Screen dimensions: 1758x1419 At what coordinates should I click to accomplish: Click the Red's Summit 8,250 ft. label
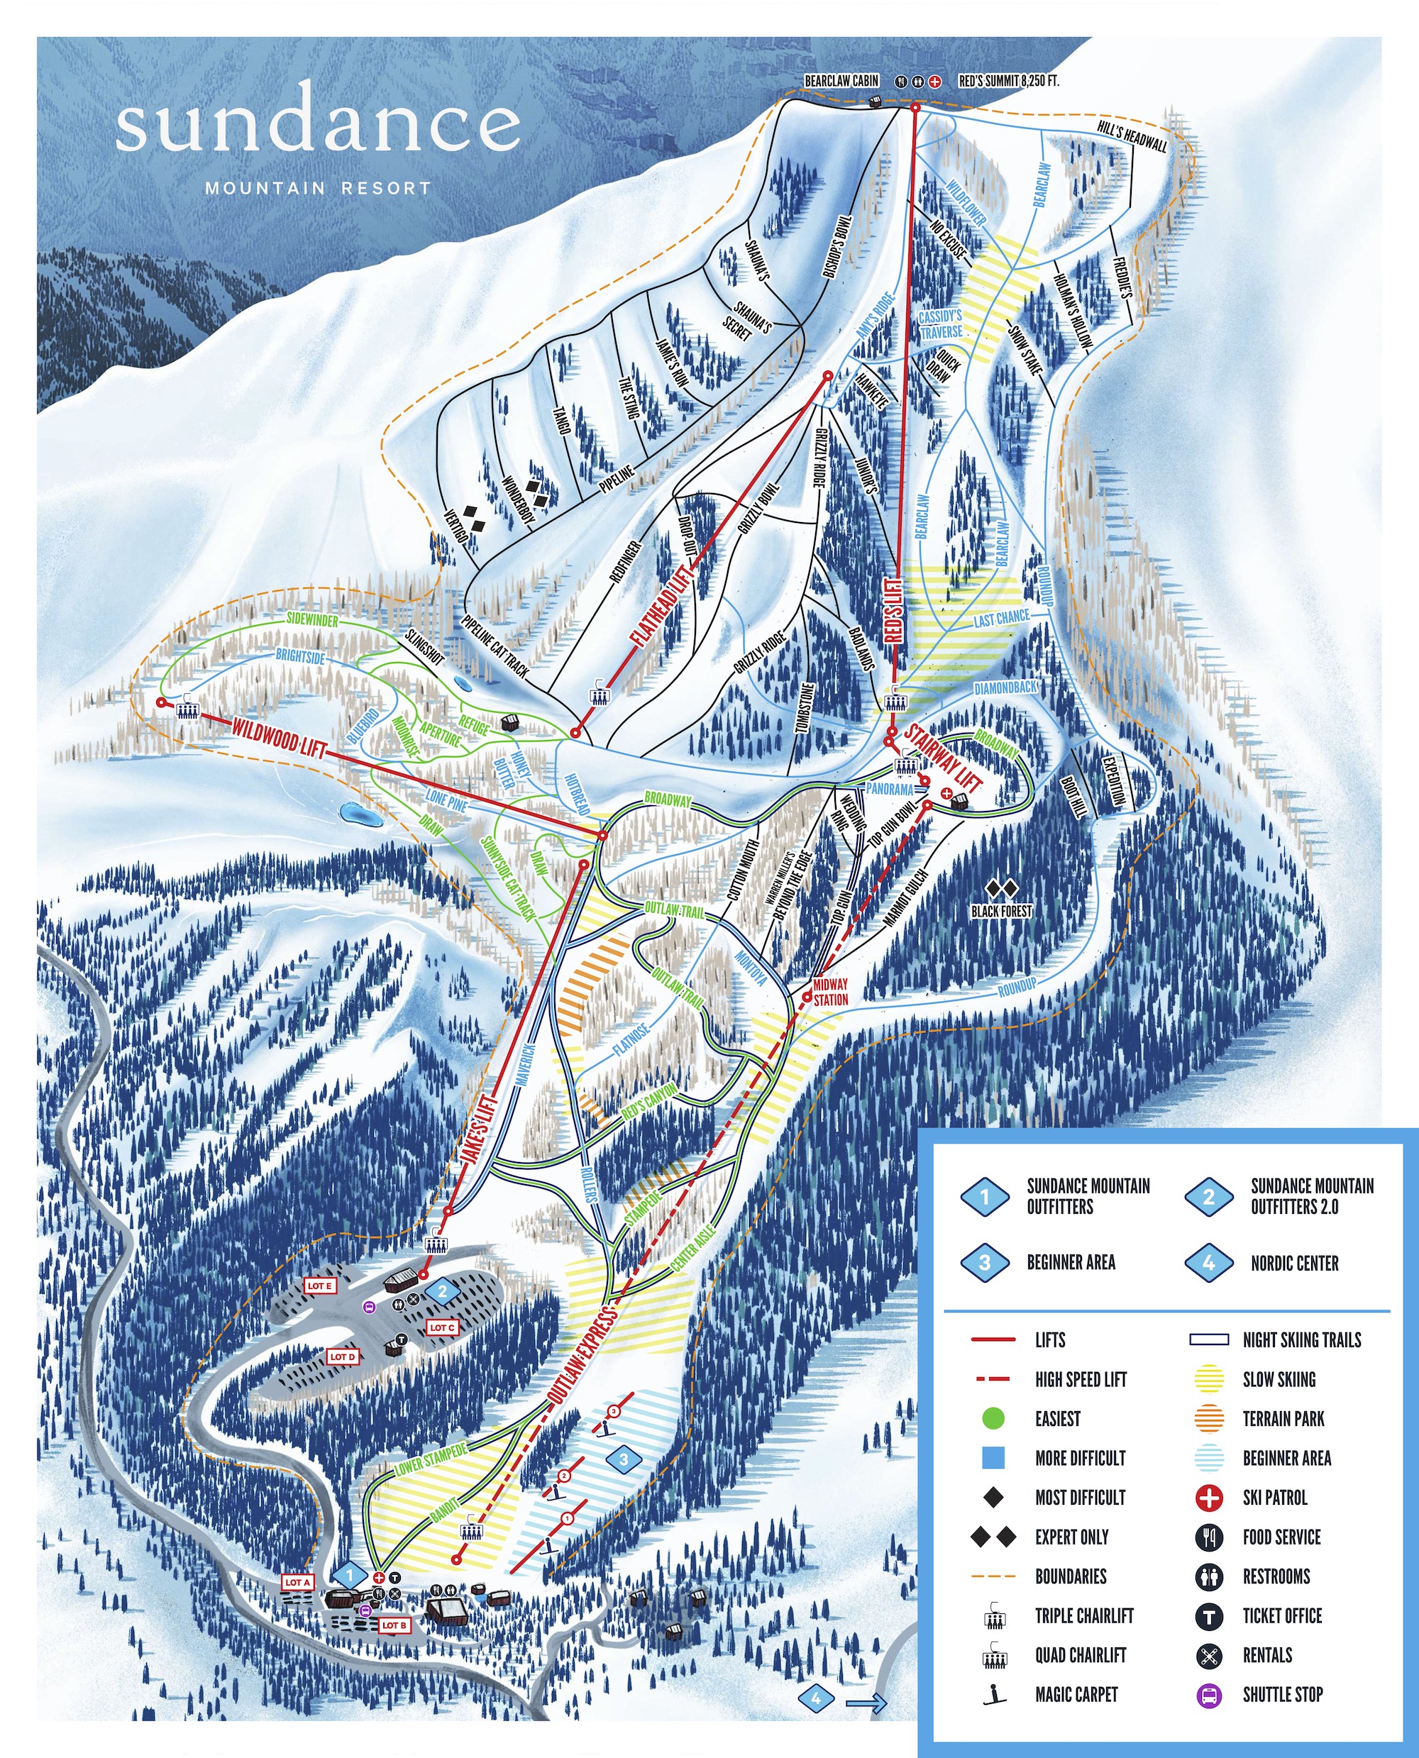1008,81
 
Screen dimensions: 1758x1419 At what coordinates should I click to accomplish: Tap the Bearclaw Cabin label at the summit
841,81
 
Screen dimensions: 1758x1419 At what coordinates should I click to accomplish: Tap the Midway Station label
831,991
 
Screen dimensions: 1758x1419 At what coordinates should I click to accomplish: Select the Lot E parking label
319,1286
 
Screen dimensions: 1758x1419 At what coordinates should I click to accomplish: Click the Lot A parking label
297,1582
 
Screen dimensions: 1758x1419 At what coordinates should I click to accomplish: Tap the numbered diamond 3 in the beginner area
624,1459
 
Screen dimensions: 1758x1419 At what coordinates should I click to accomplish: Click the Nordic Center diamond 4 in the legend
1208,1263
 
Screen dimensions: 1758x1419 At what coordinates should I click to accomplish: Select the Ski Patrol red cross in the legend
1209,1498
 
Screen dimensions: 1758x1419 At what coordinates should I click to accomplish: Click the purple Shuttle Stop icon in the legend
1209,1694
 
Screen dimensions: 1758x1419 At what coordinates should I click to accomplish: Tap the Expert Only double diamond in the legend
993,1537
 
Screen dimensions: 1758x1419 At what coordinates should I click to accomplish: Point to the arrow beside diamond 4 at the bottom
866,1703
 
